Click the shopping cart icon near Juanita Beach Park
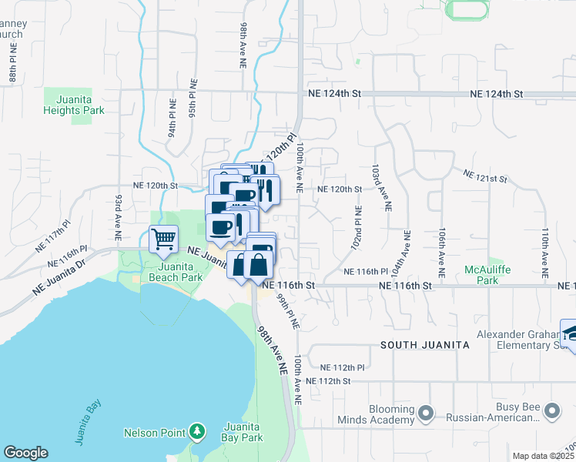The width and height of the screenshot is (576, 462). (163, 239)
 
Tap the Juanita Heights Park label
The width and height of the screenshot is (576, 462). (74, 105)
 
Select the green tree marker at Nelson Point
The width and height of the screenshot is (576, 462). (198, 430)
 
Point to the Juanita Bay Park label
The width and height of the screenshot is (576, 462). (242, 432)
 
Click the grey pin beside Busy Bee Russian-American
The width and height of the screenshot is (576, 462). (551, 412)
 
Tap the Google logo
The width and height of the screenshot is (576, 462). (25, 453)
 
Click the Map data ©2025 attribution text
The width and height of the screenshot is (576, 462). (544, 456)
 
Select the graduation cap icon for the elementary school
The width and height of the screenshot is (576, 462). (570, 332)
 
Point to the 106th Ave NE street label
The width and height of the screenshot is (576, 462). (442, 253)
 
